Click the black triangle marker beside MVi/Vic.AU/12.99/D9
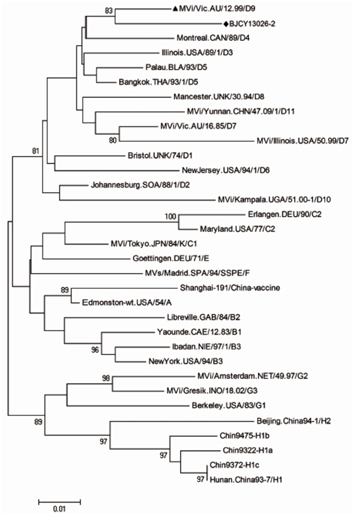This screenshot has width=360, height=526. click(175, 9)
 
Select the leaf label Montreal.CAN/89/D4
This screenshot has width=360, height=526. click(213, 37)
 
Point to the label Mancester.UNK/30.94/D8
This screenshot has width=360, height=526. click(219, 96)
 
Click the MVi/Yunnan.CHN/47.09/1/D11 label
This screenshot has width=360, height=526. click(241, 111)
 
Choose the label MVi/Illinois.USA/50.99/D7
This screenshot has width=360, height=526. click(302, 141)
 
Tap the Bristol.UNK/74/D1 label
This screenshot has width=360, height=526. click(160, 155)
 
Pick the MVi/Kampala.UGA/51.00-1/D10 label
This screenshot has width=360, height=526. click(275, 200)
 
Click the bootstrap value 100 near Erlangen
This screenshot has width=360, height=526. click(170, 216)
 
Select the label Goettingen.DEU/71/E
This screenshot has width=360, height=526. click(171, 258)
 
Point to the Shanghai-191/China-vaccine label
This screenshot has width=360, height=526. click(230, 288)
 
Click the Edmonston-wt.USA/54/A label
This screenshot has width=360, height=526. click(127, 302)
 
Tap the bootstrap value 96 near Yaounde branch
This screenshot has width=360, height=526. click(95, 350)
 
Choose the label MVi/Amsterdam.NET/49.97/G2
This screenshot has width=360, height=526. click(252, 376)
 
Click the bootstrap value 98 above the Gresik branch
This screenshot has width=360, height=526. click(106, 378)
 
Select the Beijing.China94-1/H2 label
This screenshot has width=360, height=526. click(294, 421)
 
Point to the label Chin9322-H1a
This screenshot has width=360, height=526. click(248, 450)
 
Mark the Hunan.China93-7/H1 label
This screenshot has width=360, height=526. click(246, 480)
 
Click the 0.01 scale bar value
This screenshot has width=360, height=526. click(60, 509)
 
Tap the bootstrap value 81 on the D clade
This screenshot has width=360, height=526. click(36, 151)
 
